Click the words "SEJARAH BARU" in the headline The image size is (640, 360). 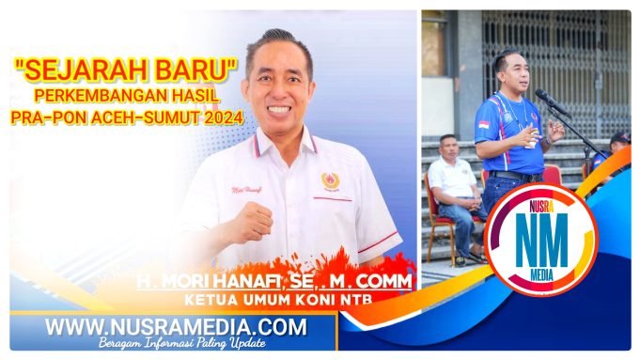(x=125, y=68)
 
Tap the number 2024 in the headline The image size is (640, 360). (x=219, y=117)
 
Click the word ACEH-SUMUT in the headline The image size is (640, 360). (x=145, y=117)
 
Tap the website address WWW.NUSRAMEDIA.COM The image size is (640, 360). (x=176, y=327)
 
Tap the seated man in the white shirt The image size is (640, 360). (x=453, y=193)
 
